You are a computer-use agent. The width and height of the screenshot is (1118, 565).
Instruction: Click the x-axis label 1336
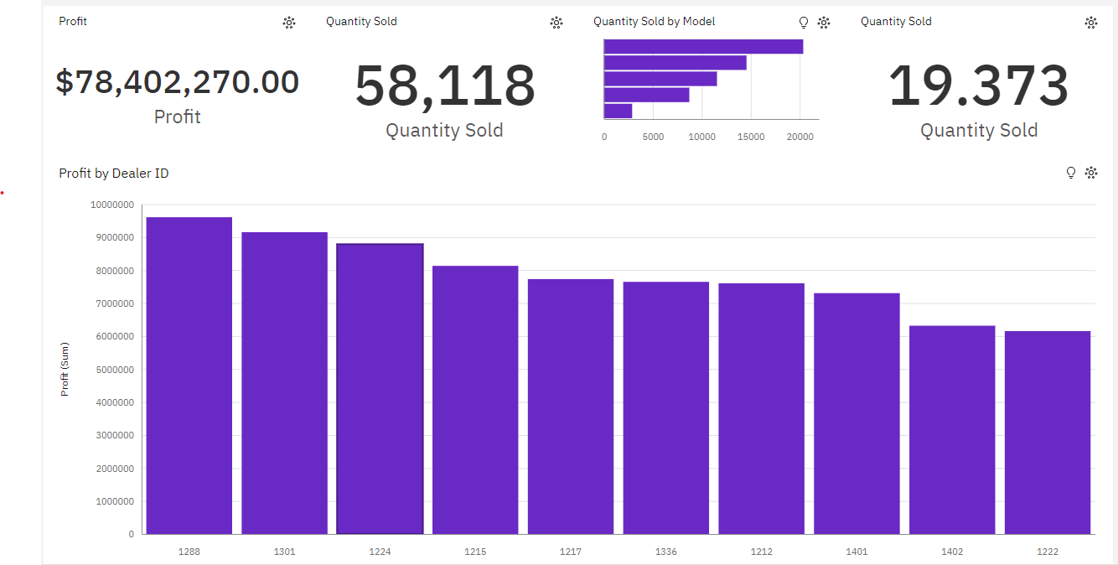(666, 552)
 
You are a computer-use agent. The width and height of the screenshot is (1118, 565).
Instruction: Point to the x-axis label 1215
(475, 552)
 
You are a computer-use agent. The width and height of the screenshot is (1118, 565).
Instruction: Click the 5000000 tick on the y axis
(112, 370)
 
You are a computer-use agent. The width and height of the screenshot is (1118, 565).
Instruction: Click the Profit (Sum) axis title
(65, 369)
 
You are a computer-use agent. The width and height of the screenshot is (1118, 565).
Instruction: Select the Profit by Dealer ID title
(114, 174)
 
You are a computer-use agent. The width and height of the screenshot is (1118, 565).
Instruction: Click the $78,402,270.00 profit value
(178, 82)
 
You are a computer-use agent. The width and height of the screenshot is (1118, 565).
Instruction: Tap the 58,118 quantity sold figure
(444, 86)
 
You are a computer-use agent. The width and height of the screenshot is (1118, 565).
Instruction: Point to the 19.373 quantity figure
(978, 86)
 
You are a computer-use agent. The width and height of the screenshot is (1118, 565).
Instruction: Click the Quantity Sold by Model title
(654, 22)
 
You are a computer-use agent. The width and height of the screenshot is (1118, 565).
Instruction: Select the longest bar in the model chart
(703, 47)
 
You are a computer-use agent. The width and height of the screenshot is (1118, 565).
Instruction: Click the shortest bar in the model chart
(618, 111)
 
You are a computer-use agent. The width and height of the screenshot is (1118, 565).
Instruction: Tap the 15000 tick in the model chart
(751, 137)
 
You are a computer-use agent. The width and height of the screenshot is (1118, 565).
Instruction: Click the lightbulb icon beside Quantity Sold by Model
(804, 23)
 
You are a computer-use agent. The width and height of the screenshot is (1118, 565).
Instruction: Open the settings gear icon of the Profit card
(289, 23)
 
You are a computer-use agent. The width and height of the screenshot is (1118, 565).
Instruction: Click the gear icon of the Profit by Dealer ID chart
(1091, 173)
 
